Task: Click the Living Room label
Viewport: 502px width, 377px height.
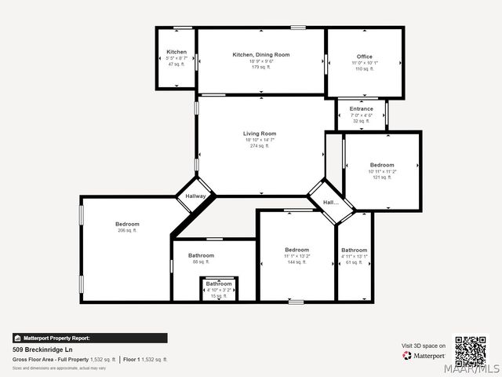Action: [x=259, y=134]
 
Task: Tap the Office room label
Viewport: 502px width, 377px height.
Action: [x=365, y=57]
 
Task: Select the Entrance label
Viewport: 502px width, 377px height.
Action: [x=361, y=109]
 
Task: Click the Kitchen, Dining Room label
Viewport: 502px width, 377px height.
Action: [x=261, y=54]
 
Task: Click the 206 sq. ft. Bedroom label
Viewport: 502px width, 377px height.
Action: [x=127, y=225]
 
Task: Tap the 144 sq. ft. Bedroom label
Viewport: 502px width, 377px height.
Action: [x=297, y=250]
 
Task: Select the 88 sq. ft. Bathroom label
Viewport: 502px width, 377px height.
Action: [x=201, y=255]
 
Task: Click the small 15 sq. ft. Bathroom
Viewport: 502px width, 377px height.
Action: [x=219, y=284]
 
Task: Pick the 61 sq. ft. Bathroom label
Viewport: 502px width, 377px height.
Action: [x=354, y=251]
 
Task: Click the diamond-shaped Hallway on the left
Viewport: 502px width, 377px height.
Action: [x=195, y=196]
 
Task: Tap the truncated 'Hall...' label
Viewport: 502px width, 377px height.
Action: [x=331, y=203]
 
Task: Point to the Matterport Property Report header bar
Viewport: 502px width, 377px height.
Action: [x=89, y=338]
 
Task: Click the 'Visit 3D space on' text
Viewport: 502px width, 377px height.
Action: [x=424, y=346]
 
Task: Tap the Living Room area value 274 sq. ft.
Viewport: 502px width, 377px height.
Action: [x=259, y=146]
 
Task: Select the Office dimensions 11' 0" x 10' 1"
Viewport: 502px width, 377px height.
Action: [x=365, y=63]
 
